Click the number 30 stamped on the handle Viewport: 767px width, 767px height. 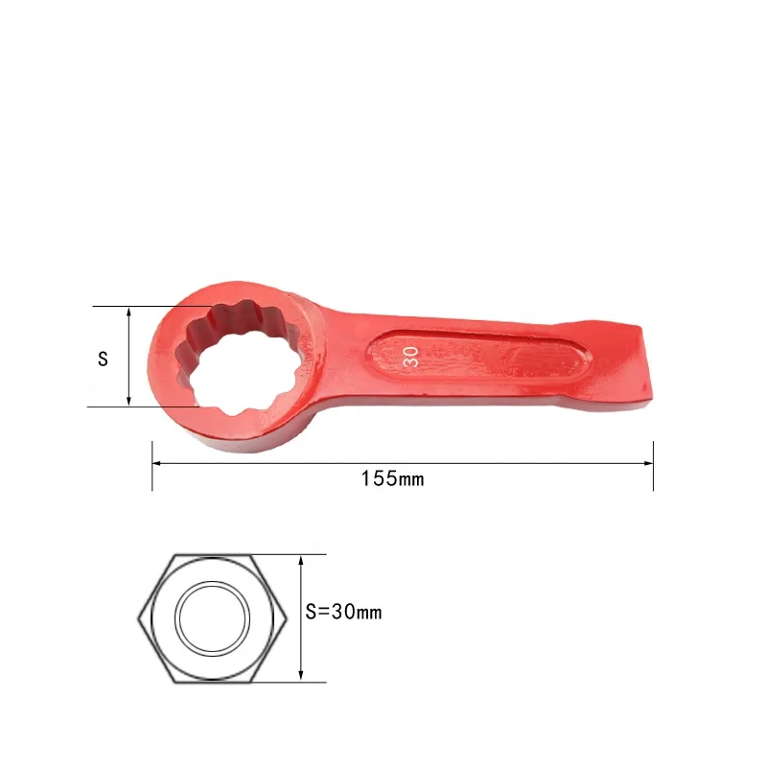coord(409,357)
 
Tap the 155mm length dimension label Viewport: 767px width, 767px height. coord(392,478)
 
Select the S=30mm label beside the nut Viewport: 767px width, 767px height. coord(343,612)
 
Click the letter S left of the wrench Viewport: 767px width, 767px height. coord(103,360)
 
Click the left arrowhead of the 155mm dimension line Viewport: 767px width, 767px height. coord(157,463)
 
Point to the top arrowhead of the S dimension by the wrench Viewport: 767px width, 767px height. coord(128,312)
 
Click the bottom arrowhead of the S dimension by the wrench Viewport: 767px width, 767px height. coord(128,402)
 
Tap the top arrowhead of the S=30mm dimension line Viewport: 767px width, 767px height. coord(301,559)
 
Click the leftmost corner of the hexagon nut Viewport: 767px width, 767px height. coord(140,618)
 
